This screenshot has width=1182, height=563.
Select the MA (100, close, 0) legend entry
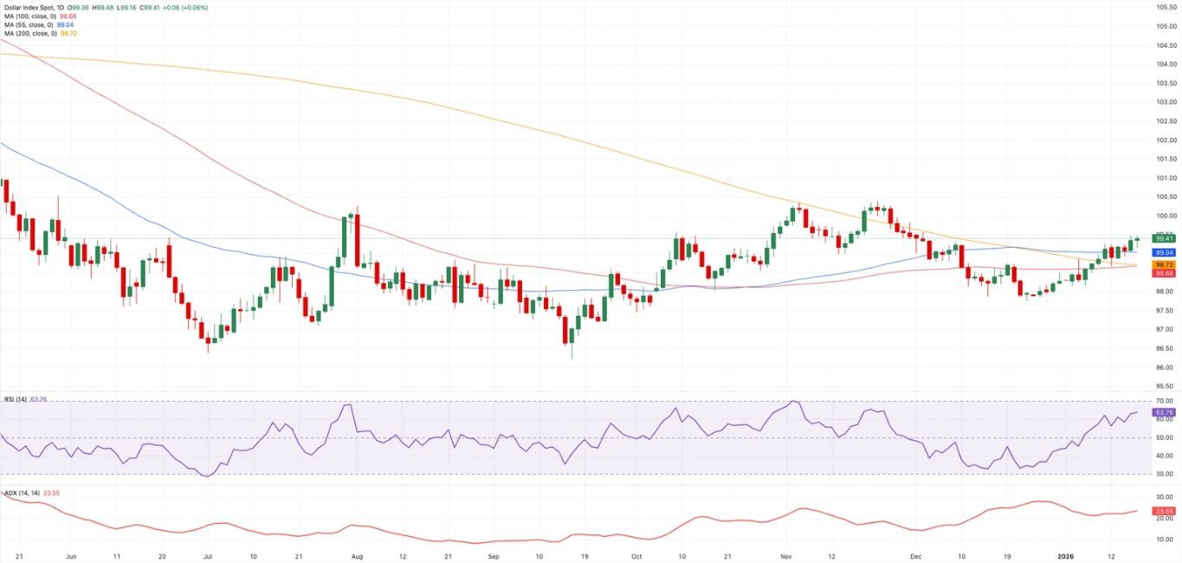coord(28,16)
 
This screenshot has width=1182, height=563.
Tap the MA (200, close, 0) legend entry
coord(28,34)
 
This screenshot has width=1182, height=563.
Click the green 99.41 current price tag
coord(1163,237)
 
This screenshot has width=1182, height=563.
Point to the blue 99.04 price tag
coord(1163,252)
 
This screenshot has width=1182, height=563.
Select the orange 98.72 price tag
coord(1163,264)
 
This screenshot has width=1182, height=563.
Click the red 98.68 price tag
coord(1163,273)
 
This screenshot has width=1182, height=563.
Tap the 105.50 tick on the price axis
coord(1165,6)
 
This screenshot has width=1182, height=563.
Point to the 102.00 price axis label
coord(1165,139)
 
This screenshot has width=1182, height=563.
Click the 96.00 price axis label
coord(1165,367)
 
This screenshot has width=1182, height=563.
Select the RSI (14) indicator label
coord(16,399)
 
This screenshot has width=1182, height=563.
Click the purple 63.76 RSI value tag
coord(1163,413)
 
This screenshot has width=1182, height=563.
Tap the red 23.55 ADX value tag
coord(1163,511)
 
